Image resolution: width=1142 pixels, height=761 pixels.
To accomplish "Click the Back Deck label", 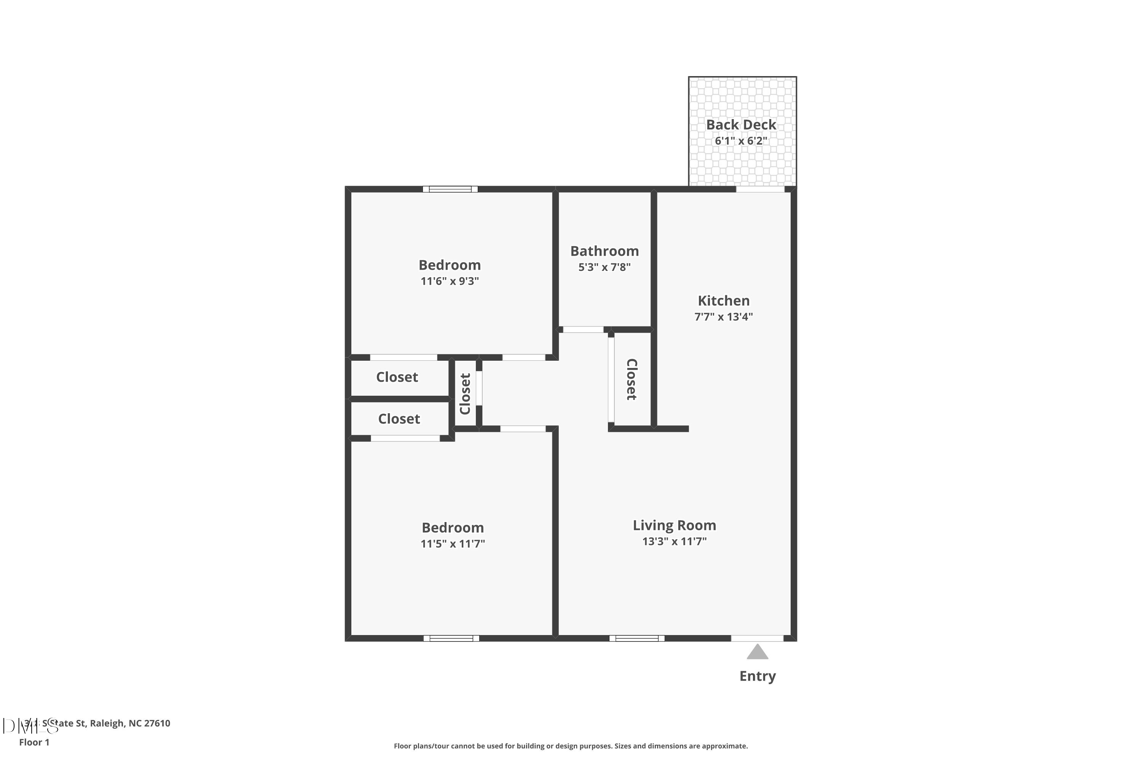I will click(x=741, y=125).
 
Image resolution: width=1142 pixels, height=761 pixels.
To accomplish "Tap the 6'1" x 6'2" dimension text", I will click(x=741, y=141).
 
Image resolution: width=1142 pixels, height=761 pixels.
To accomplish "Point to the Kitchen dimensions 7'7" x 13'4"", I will click(x=724, y=317).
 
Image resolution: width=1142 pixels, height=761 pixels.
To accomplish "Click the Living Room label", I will click(x=674, y=525).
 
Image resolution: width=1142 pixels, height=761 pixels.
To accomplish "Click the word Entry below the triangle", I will click(x=758, y=676).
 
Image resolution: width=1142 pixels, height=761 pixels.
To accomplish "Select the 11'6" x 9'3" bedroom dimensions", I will click(x=450, y=281).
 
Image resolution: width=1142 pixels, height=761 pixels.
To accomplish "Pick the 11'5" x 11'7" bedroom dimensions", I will click(x=453, y=544).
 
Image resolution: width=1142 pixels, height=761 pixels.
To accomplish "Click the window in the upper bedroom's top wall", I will click(x=450, y=189).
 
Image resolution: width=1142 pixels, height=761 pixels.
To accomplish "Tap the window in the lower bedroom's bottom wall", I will click(x=451, y=638).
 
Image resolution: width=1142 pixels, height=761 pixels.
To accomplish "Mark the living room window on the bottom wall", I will click(x=636, y=638).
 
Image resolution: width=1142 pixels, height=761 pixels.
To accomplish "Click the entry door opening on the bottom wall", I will click(x=757, y=638).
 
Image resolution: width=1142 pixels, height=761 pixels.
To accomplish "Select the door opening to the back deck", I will click(x=760, y=189).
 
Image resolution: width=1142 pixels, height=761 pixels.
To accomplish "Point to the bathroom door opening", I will click(x=583, y=330).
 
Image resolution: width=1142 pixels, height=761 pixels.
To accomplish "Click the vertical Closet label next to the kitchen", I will click(x=631, y=379).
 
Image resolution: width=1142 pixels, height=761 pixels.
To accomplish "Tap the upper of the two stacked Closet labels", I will click(x=397, y=377).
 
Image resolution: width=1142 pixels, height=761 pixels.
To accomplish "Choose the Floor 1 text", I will click(x=34, y=742).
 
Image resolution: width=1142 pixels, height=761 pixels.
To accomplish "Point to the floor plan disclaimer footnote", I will click(x=571, y=746).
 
